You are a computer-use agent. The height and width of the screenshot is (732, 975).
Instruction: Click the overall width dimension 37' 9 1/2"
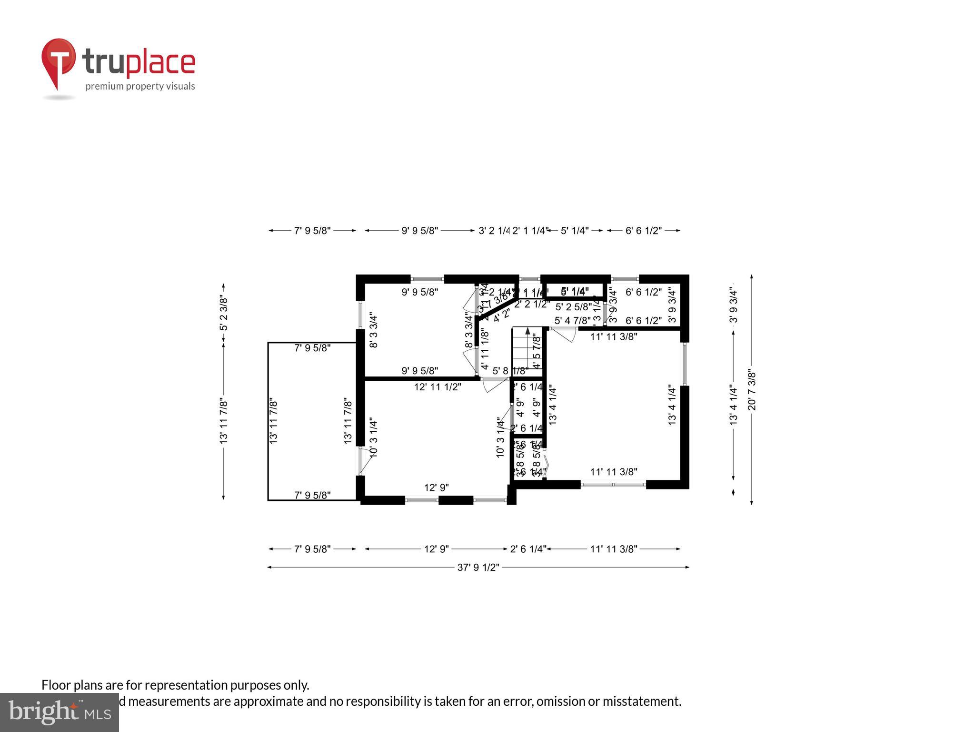coord(478,567)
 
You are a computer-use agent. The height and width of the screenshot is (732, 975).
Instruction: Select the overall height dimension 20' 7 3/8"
coord(752,389)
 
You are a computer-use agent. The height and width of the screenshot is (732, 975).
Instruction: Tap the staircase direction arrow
coord(527,331)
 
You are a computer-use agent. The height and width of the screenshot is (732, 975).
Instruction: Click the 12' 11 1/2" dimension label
coord(438,387)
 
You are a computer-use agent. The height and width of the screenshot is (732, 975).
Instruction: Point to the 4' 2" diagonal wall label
coord(501,315)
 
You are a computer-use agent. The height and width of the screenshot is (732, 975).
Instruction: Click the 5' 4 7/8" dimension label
coord(572,321)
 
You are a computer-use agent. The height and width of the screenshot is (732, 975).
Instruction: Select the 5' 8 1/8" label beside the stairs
coord(510,370)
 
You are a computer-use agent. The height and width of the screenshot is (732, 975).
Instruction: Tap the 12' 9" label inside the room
coord(437,488)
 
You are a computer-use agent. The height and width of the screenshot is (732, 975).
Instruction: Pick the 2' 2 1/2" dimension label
coord(532,304)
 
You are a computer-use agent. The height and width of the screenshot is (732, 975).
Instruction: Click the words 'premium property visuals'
coord(140,86)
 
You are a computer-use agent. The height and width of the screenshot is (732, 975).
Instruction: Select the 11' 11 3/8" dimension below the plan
coord(613,549)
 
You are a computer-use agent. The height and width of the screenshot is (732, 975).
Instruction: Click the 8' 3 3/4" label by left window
coord(374,330)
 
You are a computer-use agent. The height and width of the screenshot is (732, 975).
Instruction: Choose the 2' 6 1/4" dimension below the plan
coord(527,549)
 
